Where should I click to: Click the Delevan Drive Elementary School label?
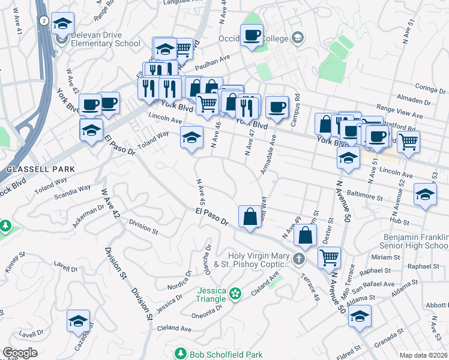tap(106, 39)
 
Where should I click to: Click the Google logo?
tap(20, 353)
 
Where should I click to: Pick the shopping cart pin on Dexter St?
tap(329, 257)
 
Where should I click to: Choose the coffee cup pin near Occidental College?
tap(252, 35)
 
